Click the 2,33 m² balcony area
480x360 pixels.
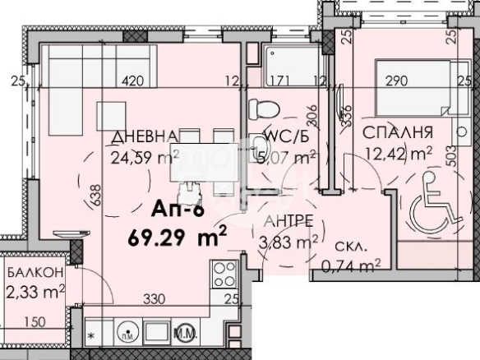[x=35, y=289]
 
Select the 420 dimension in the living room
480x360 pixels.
[x=134, y=81]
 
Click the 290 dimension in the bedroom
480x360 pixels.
[x=398, y=81]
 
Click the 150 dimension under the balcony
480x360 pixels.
[x=35, y=321]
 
